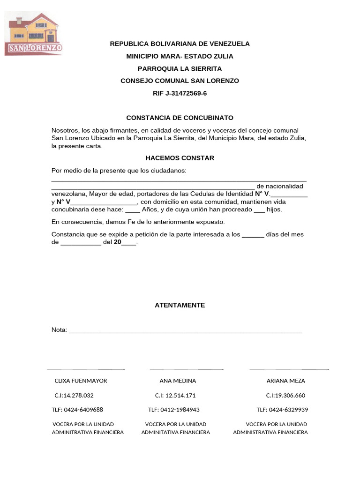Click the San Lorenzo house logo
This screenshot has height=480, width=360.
tap(33, 34)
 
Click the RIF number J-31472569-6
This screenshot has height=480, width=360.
tap(180, 93)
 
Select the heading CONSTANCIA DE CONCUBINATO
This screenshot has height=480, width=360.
tap(180, 118)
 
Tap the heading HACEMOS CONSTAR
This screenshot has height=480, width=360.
tap(180, 158)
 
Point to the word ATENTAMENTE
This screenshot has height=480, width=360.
tap(180, 305)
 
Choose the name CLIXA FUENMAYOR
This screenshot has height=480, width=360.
tap(81, 381)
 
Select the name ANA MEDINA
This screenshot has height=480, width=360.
tap(178, 381)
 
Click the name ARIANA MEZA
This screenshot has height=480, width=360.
tap(285, 381)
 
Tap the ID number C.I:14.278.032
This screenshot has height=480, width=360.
tap(74, 395)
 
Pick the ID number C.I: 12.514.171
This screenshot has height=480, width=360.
tap(175, 395)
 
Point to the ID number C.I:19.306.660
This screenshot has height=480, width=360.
tap(285, 395)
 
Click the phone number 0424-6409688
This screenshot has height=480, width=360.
tap(85, 410)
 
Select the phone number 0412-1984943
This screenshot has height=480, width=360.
tap(180, 410)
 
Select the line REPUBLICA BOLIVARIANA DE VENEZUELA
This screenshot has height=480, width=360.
tap(180, 44)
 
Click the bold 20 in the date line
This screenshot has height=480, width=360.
tap(117, 242)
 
